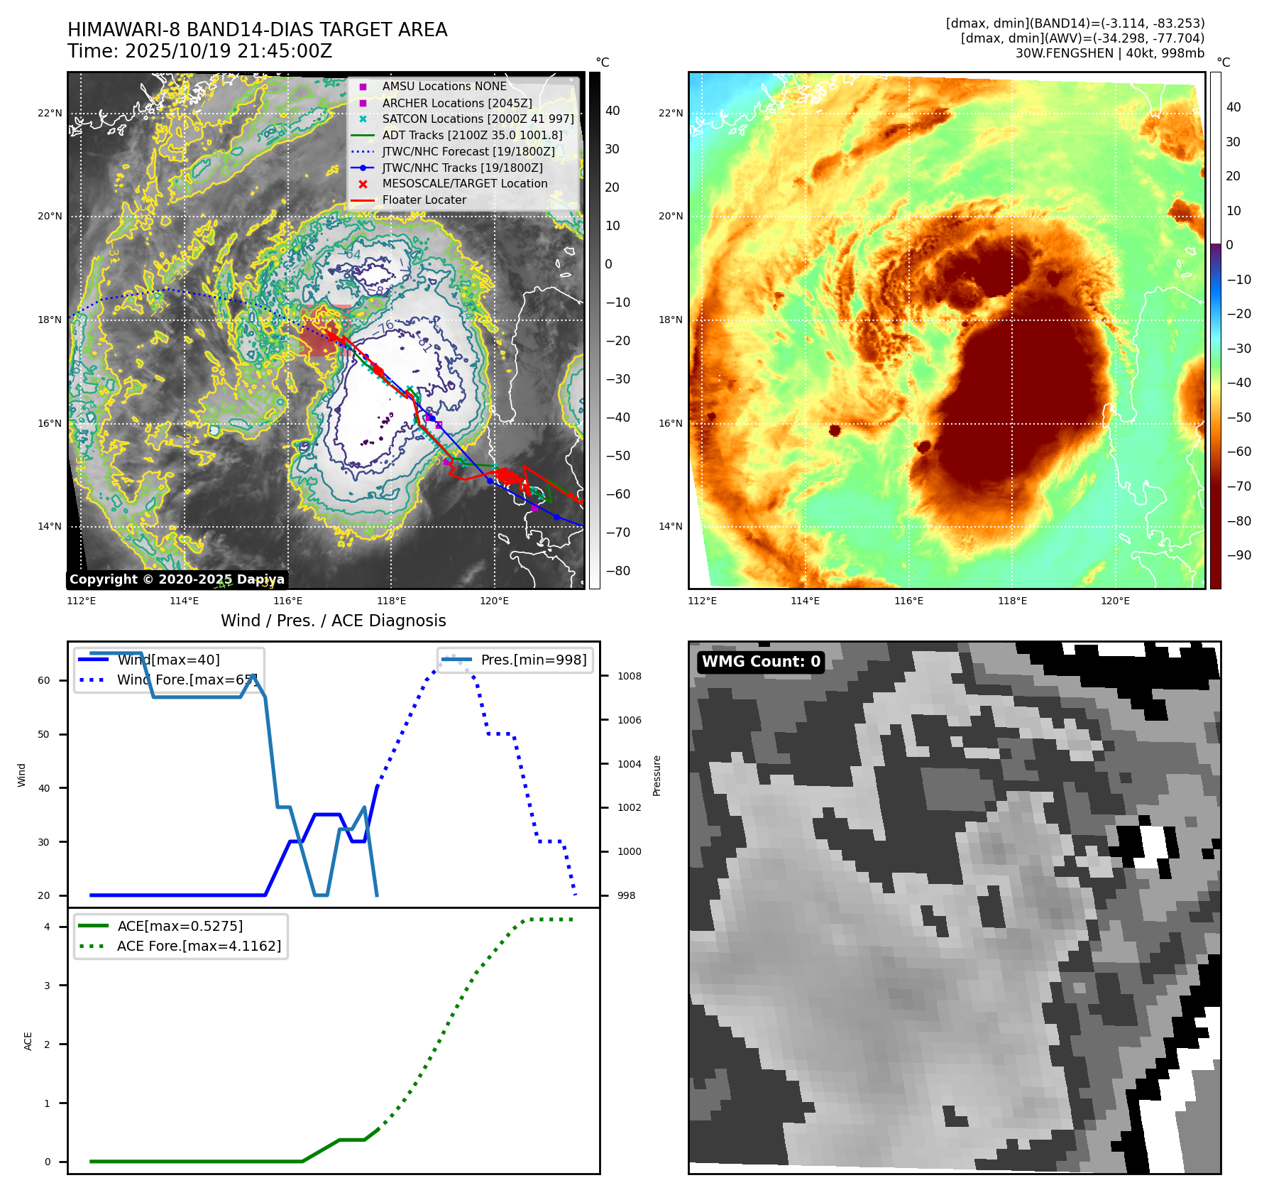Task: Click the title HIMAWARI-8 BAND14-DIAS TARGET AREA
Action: tap(257, 30)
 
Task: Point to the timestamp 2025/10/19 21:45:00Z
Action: tap(226, 51)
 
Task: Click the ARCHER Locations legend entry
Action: tap(456, 103)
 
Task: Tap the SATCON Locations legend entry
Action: tap(477, 119)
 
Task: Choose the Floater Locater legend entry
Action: tap(424, 200)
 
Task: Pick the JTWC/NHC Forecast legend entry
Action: tap(468, 151)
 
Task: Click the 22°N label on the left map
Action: tap(50, 113)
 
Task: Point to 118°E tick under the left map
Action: tap(391, 601)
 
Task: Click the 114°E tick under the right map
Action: tap(805, 601)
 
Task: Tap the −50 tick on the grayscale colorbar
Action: tap(617, 456)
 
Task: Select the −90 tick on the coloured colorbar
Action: tap(1238, 555)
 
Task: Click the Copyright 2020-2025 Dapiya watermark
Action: tap(177, 579)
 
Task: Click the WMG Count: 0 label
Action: tap(761, 662)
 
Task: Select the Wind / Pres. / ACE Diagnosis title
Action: tap(333, 621)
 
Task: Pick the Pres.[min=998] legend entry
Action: tap(533, 660)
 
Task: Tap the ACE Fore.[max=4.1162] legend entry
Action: tap(199, 946)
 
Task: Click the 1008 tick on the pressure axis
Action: tap(629, 676)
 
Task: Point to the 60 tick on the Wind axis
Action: tap(44, 680)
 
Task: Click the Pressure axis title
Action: tap(657, 775)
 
